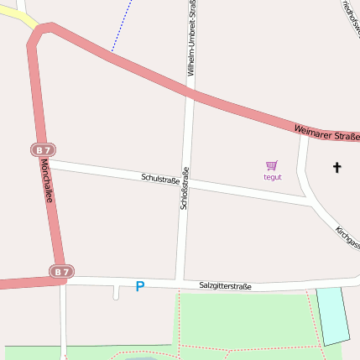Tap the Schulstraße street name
click(161, 179)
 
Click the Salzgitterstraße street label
click(225, 286)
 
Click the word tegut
click(273, 177)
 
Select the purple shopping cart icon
click(272, 166)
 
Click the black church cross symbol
click(337, 168)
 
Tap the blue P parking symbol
click(139, 287)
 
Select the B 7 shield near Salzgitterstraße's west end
click(60, 272)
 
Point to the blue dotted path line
click(123, 25)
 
